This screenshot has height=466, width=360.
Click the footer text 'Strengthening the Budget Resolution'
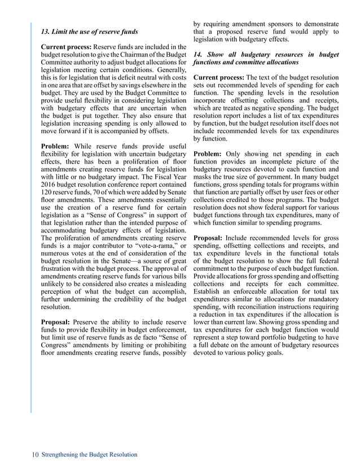[89, 454]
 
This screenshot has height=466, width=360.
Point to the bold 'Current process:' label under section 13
[65, 46]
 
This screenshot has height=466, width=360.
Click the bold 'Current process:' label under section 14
[218, 77]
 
